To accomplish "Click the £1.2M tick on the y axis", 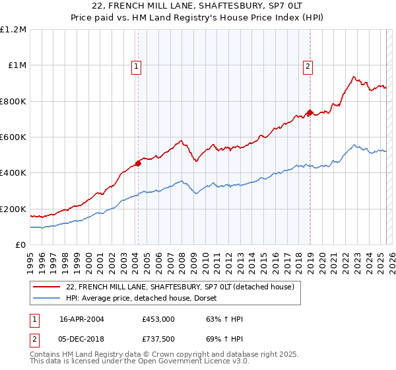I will click(x=14, y=30).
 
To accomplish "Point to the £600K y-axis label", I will click(x=13, y=137).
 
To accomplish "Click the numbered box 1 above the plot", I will click(x=136, y=65).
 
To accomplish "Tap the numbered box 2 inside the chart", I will click(x=308, y=65).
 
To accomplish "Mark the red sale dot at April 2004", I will click(x=138, y=163).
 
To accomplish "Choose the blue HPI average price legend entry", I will click(x=146, y=298).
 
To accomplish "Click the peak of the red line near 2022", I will click(x=354, y=77).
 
